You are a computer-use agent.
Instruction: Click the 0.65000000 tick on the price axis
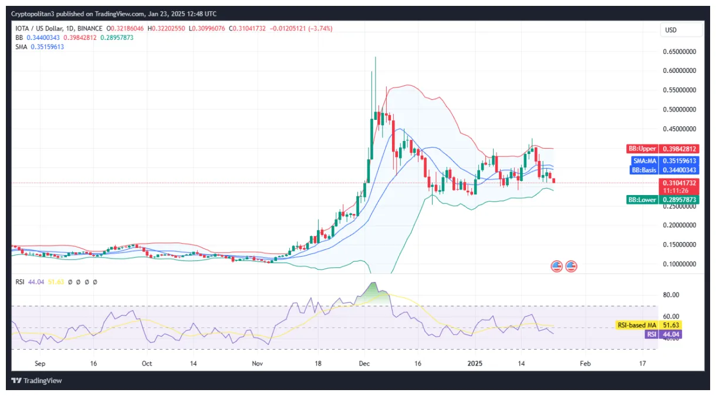click(x=678, y=52)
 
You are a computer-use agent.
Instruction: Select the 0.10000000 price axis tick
click(x=678, y=264)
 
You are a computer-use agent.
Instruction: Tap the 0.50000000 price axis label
click(x=678, y=109)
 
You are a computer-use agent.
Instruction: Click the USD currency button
click(x=681, y=30)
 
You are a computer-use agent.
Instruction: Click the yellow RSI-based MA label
click(x=636, y=325)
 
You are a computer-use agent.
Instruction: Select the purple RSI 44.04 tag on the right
click(x=651, y=334)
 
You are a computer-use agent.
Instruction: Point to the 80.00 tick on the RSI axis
click(x=671, y=295)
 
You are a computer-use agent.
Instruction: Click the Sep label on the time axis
click(x=40, y=364)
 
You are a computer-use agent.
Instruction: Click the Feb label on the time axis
click(x=585, y=364)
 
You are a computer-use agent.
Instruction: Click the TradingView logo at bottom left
click(x=37, y=381)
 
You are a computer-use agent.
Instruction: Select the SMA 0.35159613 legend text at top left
click(x=40, y=46)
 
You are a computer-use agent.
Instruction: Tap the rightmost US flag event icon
click(x=570, y=266)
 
